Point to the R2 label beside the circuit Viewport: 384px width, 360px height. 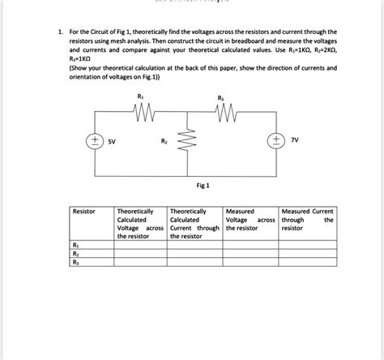[x=164, y=140]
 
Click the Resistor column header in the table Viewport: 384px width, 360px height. [x=83, y=211]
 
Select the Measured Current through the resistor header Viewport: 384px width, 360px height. [x=307, y=219]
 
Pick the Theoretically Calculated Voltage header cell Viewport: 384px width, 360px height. [x=139, y=223]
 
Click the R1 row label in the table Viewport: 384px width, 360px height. [x=76, y=243]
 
